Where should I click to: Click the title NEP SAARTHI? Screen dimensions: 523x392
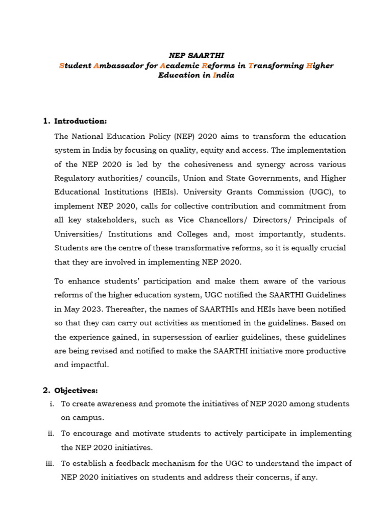pos(196,56)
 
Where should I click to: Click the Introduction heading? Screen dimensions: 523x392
pos(81,121)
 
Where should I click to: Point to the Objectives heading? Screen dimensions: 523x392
pos(76,390)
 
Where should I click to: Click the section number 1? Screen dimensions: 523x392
pos(46,121)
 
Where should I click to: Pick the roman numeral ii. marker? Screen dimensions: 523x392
pos(51,433)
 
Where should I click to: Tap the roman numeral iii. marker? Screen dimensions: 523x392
pos(50,463)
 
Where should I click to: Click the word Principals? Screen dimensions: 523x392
pos(315,220)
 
